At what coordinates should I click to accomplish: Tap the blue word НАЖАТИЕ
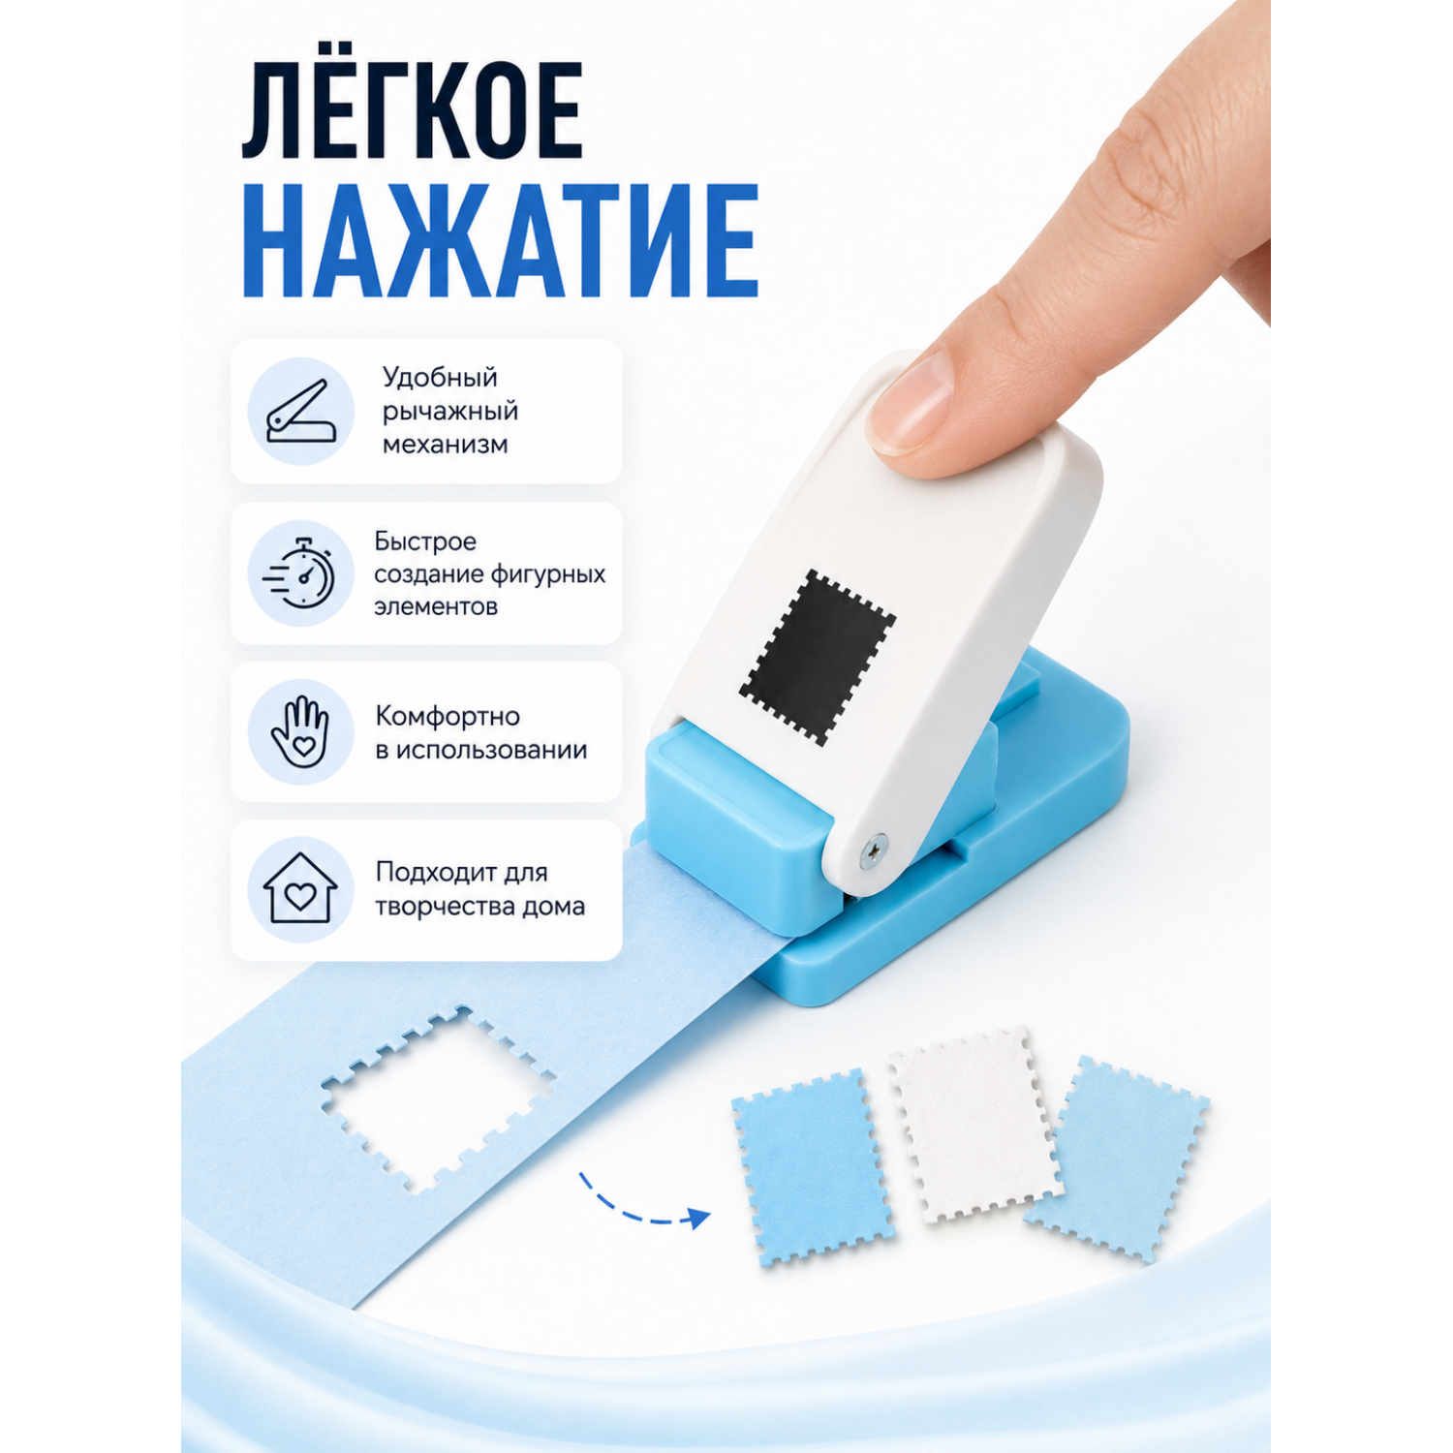(500, 240)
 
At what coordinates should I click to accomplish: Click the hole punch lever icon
(301, 412)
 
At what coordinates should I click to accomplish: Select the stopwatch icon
(300, 573)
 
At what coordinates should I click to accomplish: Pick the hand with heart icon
(300, 732)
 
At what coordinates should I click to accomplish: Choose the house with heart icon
(300, 888)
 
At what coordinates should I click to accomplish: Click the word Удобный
(440, 378)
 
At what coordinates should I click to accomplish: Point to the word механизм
(445, 445)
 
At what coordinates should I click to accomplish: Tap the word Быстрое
(425, 541)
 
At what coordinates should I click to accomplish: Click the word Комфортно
(448, 717)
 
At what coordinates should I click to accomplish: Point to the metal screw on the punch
(874, 850)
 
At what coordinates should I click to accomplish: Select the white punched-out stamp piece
(974, 1124)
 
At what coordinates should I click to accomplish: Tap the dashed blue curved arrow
(644, 1204)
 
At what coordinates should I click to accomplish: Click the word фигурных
(548, 575)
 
